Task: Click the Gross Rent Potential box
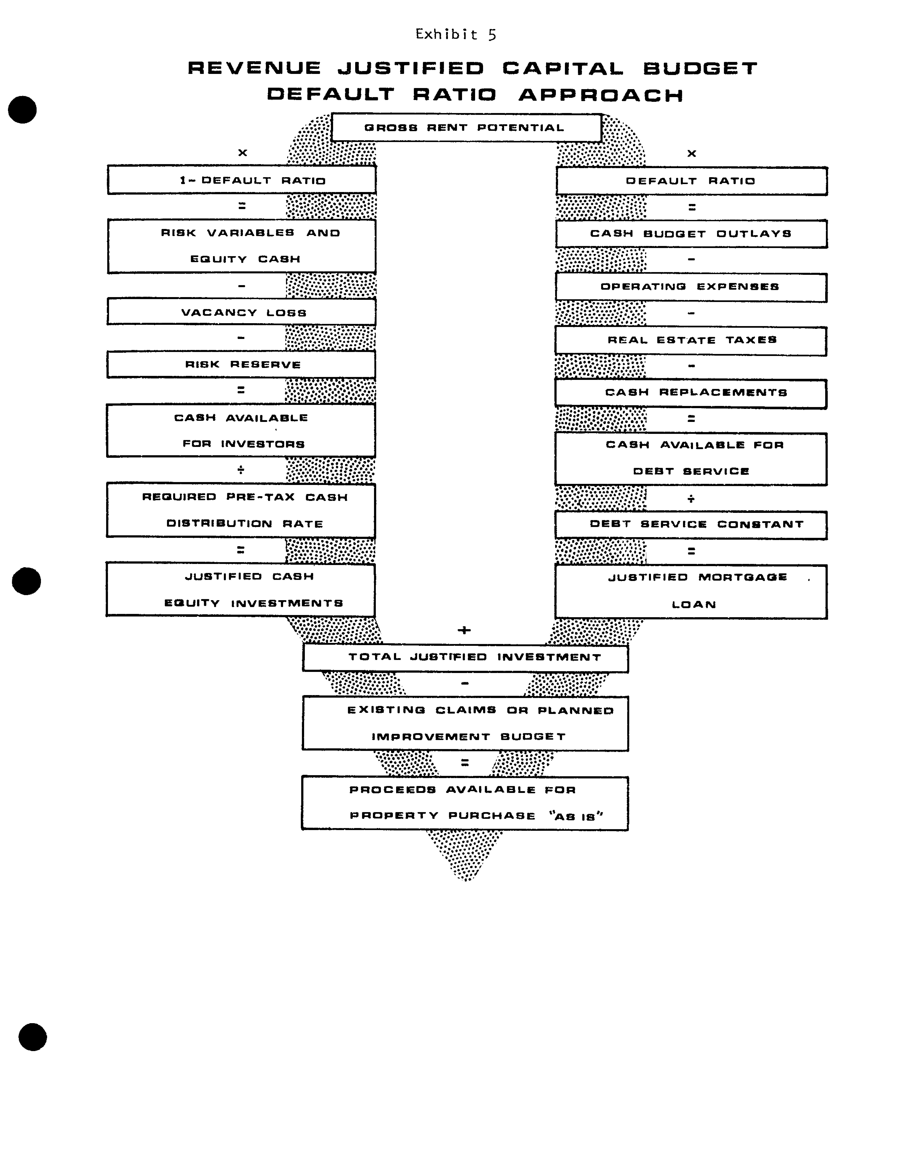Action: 466,128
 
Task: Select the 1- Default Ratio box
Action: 241,180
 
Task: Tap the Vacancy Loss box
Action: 241,312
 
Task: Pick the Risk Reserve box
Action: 241,364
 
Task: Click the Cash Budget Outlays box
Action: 691,234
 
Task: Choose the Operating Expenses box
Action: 691,287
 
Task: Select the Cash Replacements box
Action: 691,393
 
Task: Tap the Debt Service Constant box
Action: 691,524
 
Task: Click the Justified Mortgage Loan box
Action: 691,591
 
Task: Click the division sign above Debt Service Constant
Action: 691,499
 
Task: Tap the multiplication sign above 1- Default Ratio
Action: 243,153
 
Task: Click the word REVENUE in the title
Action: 254,68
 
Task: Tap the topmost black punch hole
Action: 22,110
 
